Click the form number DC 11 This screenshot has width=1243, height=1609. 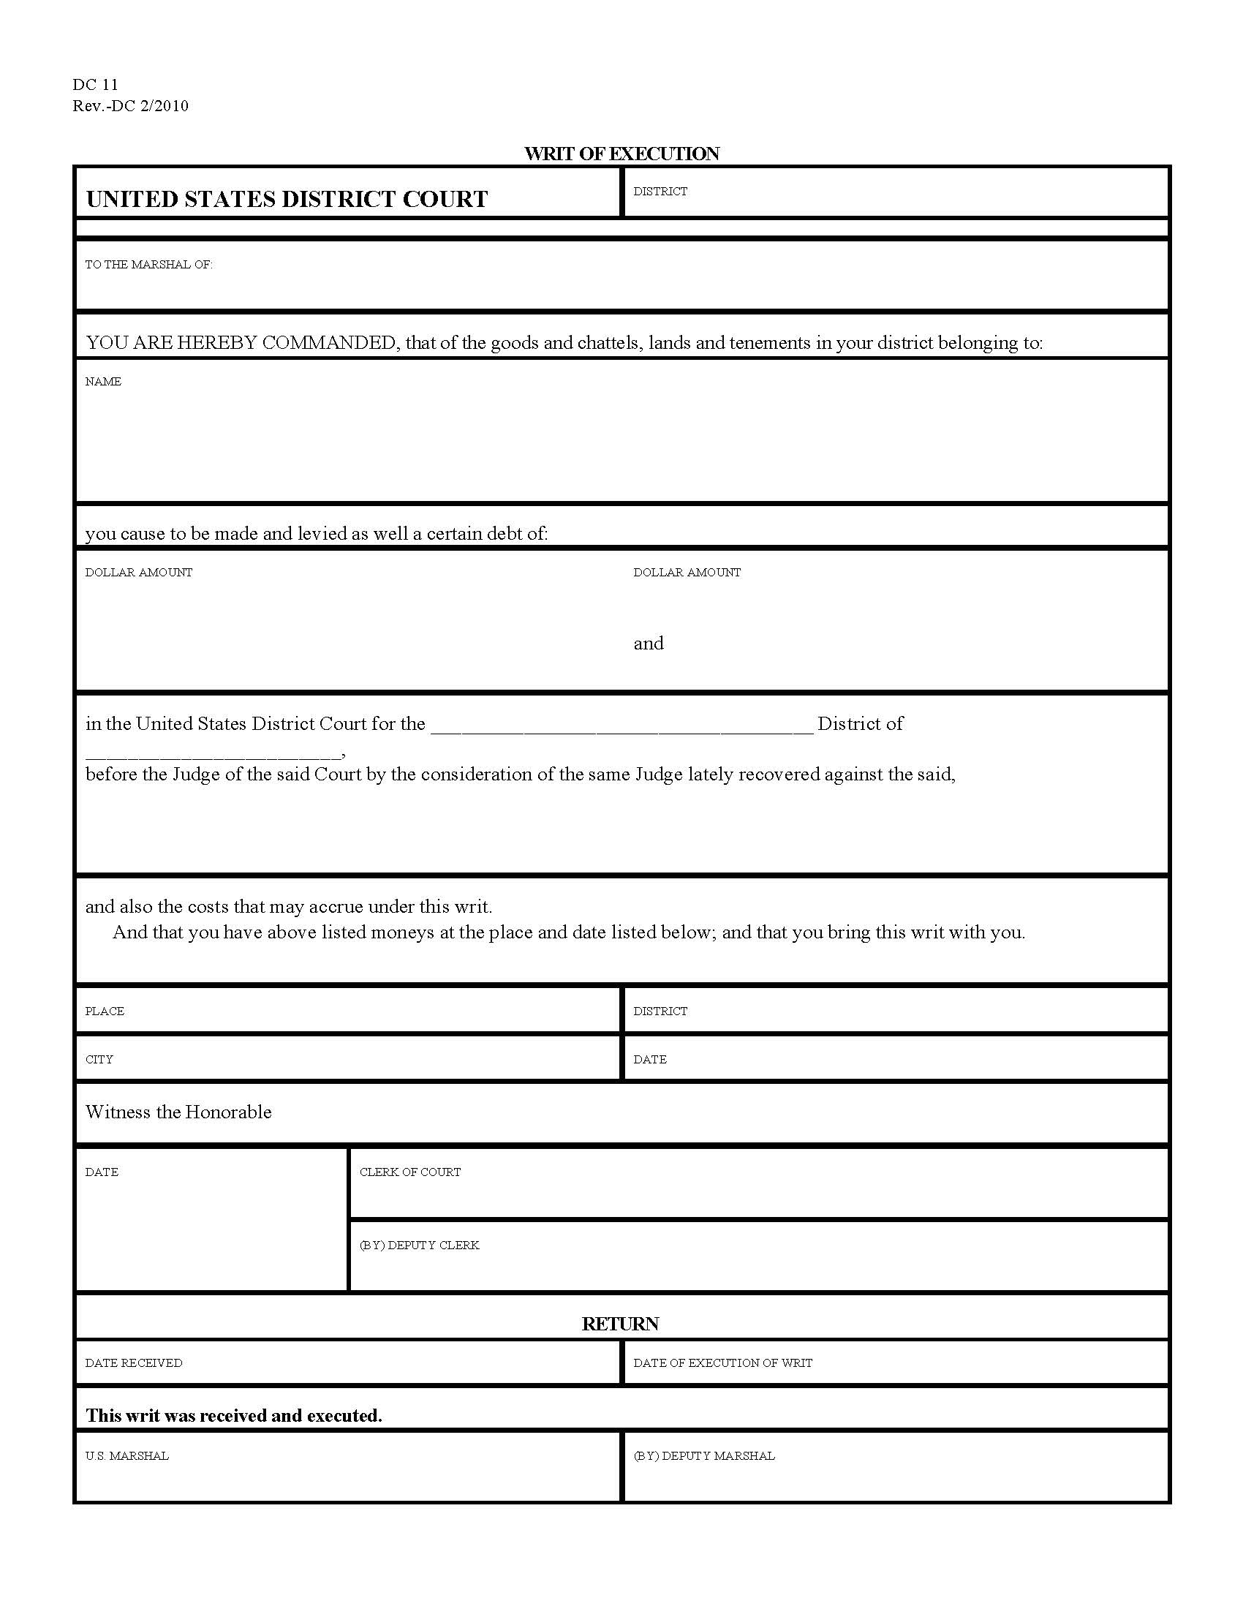[95, 85]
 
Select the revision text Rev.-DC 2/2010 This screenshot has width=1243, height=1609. [130, 106]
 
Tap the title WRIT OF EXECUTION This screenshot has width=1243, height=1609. [621, 154]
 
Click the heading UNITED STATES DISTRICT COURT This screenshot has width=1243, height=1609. [287, 199]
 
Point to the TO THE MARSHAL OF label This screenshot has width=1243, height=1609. [148, 265]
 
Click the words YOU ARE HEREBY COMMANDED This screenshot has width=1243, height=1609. [241, 342]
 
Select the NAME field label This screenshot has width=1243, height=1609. [103, 382]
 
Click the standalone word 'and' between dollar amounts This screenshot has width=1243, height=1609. [648, 643]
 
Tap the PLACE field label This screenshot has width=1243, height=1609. [105, 1011]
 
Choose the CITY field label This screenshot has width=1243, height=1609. [99, 1060]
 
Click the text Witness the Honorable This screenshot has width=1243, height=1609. [178, 1112]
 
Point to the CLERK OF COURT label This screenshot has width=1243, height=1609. [409, 1172]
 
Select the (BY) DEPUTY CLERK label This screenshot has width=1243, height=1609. [419, 1245]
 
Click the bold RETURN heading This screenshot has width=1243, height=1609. [620, 1324]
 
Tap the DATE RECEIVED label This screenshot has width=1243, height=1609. [133, 1363]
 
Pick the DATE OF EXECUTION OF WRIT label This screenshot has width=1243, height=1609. [722, 1363]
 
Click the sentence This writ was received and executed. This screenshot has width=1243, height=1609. [234, 1415]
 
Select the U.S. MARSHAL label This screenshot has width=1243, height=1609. [126, 1455]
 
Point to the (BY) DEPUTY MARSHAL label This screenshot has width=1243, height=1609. [704, 1455]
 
